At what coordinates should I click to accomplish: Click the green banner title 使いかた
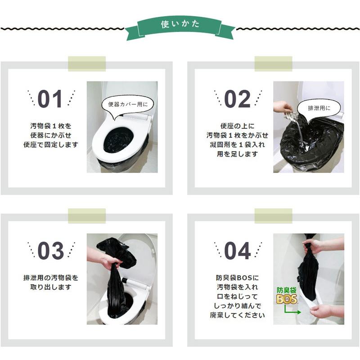[180, 24]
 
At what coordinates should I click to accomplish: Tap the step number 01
[50, 99]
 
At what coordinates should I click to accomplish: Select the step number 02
[238, 99]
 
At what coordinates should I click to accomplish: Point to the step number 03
[50, 251]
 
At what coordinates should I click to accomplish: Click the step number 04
[238, 251]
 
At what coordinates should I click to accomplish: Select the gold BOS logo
[287, 299]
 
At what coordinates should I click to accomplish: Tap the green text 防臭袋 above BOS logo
[287, 290]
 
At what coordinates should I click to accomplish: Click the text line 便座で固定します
[51, 145]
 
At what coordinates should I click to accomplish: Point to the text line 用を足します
[238, 154]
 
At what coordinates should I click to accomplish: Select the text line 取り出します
[51, 287]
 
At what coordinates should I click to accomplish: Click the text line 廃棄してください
[238, 315]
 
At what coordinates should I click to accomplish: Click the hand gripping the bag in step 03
[108, 260]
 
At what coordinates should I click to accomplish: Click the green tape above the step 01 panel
[87, 63]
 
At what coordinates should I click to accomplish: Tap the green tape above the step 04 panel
[273, 216]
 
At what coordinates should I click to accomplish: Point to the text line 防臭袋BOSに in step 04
[238, 278]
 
